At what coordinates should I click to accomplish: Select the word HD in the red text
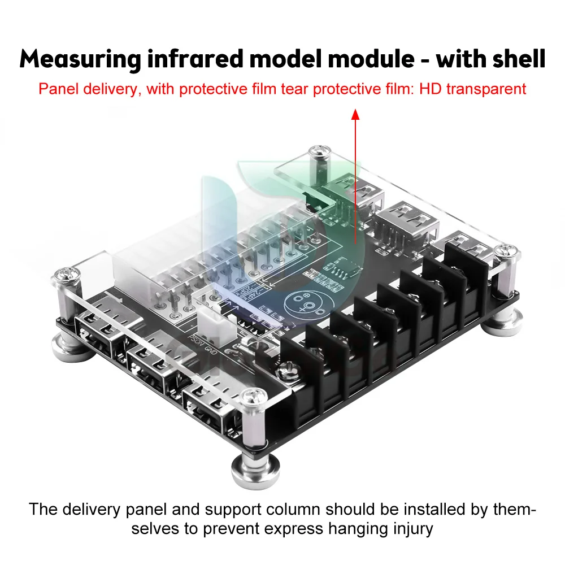pos(433,89)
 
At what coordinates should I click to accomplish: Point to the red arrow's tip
pos(355,112)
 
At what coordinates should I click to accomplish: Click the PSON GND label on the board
pos(199,344)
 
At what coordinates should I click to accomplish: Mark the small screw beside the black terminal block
pos(285,371)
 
